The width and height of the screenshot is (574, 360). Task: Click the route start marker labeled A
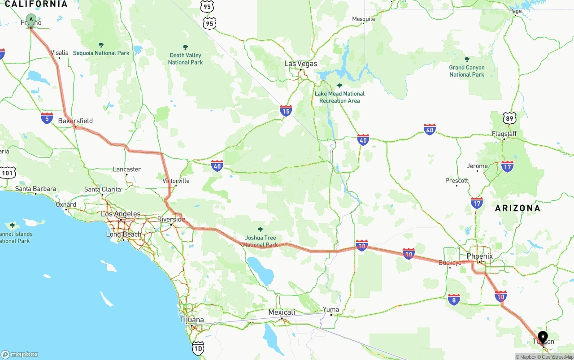click(x=31, y=19)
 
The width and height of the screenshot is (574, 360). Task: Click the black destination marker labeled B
click(x=543, y=336)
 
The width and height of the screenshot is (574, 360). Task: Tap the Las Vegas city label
click(x=300, y=64)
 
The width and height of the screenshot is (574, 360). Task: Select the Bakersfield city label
click(x=75, y=121)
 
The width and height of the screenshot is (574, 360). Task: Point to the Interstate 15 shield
click(x=286, y=111)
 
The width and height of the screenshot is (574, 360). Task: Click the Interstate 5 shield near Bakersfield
click(x=47, y=118)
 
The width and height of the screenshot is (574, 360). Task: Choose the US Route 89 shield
click(x=509, y=118)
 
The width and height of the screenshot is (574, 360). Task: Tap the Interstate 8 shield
click(x=454, y=299)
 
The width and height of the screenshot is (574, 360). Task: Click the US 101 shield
click(x=8, y=173)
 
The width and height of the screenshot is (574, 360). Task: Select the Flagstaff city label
click(x=504, y=134)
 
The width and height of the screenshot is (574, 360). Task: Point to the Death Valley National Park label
click(x=185, y=59)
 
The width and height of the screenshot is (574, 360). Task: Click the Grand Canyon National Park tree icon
click(x=467, y=59)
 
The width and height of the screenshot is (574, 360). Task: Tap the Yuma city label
click(x=331, y=309)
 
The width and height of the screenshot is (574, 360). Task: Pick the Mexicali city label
click(x=282, y=312)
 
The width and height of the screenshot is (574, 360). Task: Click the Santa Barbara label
click(x=35, y=189)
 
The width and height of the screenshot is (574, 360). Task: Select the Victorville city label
click(x=176, y=181)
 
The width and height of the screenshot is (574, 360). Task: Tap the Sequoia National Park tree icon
click(x=101, y=45)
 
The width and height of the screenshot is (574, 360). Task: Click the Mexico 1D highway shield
click(x=198, y=347)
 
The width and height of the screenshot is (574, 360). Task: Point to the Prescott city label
click(x=457, y=181)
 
